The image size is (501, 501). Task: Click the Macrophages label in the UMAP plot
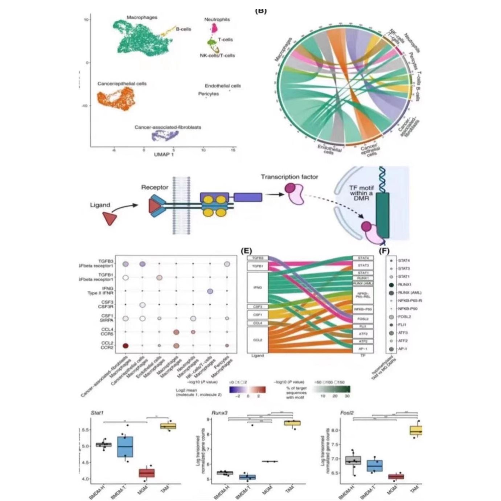[142, 17]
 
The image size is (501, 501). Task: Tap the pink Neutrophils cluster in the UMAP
[215, 28]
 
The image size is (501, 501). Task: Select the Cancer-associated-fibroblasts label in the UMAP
[168, 127]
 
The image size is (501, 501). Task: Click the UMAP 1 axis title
[164, 155]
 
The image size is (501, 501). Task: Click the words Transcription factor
[289, 177]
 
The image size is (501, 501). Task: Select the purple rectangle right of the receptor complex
[248, 197]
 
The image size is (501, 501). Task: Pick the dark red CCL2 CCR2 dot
[126, 346]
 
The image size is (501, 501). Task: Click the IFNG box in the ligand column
[258, 288]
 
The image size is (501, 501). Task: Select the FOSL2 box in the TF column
[363, 319]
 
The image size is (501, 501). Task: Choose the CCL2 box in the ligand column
[258, 340]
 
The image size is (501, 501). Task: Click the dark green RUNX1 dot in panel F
[391, 285]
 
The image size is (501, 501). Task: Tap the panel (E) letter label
[246, 251]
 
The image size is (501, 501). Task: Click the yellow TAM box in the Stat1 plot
[168, 426]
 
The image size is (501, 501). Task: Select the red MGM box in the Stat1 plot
[147, 473]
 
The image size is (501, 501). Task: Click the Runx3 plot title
[219, 413]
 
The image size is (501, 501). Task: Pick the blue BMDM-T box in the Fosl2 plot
[375, 465]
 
